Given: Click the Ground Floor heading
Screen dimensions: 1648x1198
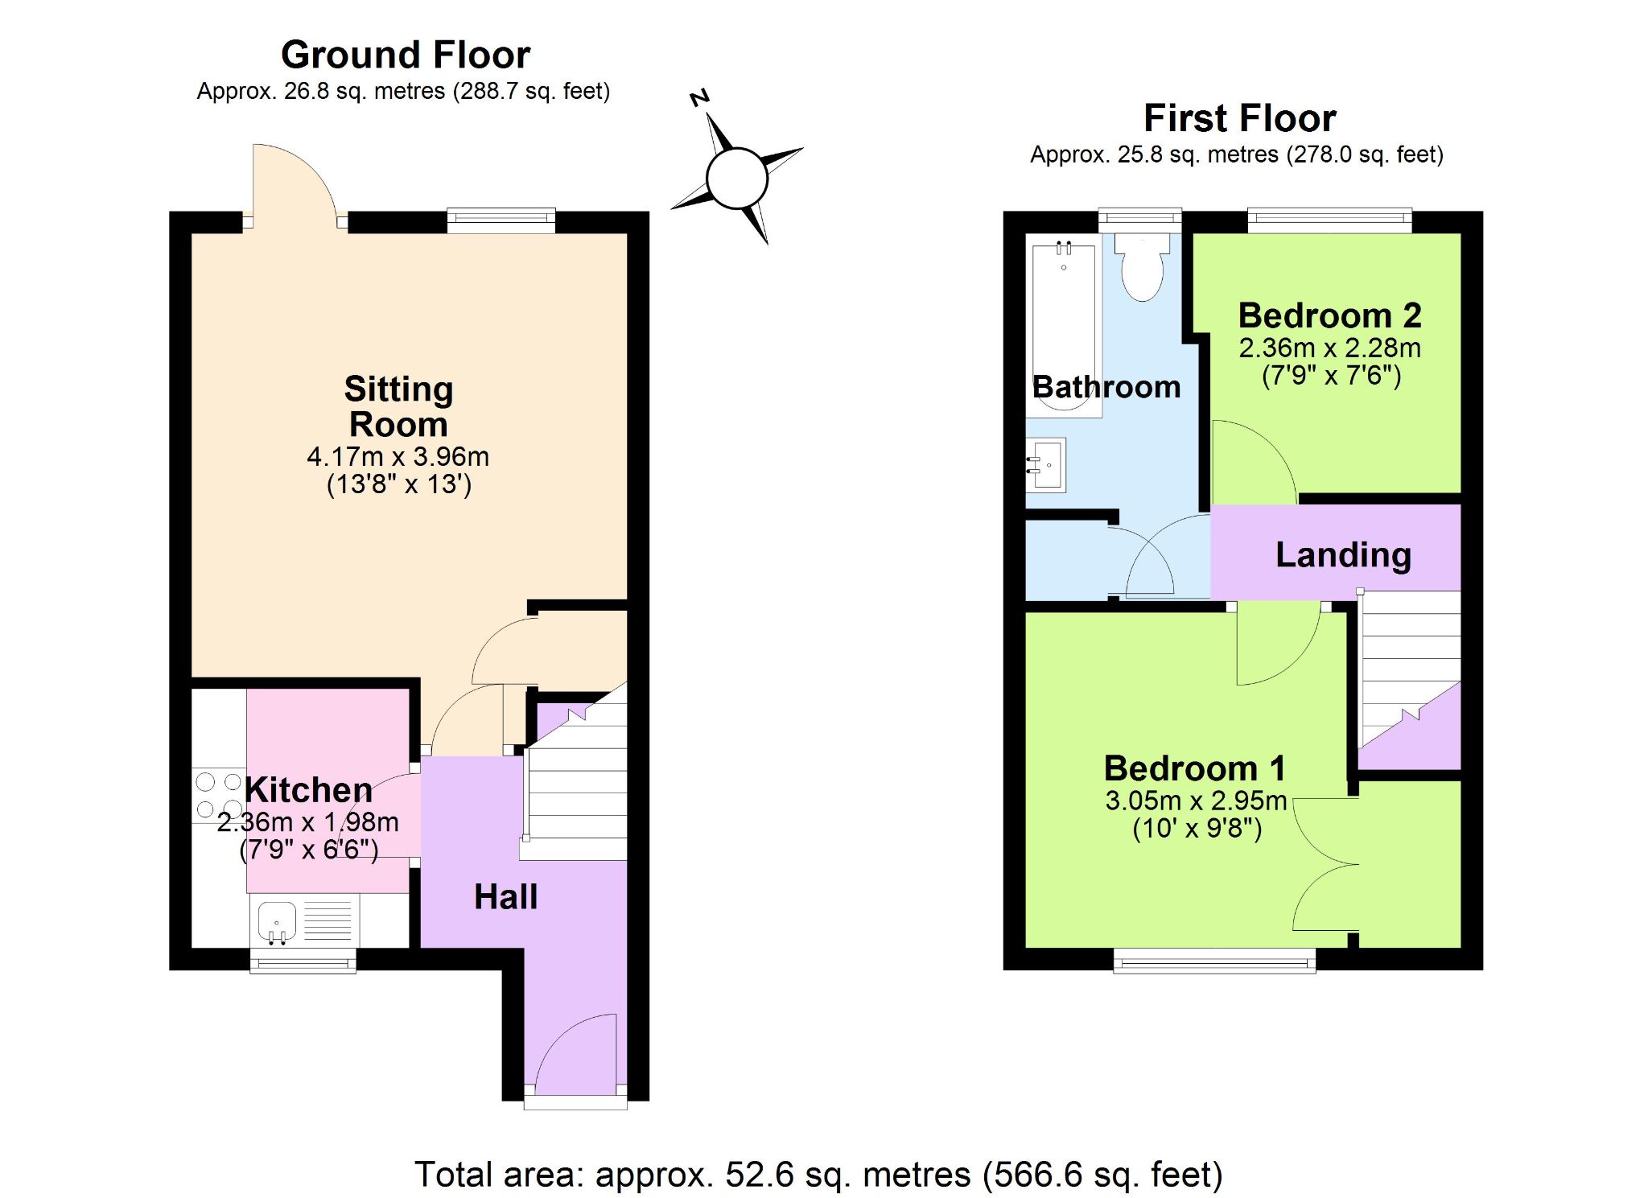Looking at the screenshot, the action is [406, 56].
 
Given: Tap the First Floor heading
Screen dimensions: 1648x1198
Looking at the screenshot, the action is [1240, 118].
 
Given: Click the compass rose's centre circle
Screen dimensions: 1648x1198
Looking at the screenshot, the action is [736, 178].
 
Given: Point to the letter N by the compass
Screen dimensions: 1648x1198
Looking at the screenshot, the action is [700, 98].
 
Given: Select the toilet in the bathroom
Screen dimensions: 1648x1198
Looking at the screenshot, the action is [1142, 266].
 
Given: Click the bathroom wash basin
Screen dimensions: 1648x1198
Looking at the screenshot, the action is [1046, 465].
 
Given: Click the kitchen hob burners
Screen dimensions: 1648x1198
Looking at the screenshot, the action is [219, 795].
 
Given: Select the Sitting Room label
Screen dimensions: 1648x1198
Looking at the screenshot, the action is [399, 406].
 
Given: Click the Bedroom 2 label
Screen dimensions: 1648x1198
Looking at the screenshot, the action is [1329, 315].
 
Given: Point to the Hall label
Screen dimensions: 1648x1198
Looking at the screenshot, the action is [505, 897].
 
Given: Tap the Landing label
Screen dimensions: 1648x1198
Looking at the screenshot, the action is [1343, 555].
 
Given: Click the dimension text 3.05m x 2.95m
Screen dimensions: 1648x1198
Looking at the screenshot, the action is [1196, 801].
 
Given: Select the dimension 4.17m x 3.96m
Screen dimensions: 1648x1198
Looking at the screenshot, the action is [398, 457].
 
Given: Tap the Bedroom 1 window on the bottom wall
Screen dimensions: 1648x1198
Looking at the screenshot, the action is [1214, 961].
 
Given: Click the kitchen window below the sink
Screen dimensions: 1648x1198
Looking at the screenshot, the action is [303, 961].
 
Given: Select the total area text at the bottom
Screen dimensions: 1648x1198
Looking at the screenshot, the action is [818, 1175].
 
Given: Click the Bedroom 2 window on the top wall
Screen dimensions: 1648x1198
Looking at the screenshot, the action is [1330, 220].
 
